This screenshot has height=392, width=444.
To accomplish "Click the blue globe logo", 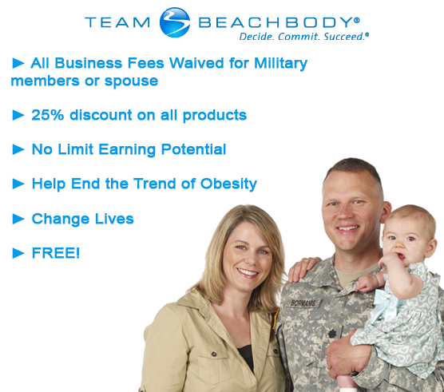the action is (175, 22).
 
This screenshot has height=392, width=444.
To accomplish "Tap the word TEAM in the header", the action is (117, 22).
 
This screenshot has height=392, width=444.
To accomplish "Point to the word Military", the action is (280, 64).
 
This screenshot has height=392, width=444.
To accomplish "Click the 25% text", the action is (48, 115).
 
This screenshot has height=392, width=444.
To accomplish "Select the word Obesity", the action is (228, 184).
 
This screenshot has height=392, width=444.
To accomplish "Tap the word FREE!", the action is (56, 253).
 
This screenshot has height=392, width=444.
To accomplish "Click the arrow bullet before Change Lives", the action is (18, 219).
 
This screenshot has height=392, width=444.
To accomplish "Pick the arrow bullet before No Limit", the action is (18, 149).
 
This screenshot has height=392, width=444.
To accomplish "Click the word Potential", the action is (193, 149).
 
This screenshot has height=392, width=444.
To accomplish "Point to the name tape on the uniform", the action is (303, 303).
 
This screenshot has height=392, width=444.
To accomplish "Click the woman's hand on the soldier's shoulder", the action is (302, 268).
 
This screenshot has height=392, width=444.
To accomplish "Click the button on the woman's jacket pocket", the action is (214, 354).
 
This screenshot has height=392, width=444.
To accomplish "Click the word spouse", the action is (132, 81).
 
